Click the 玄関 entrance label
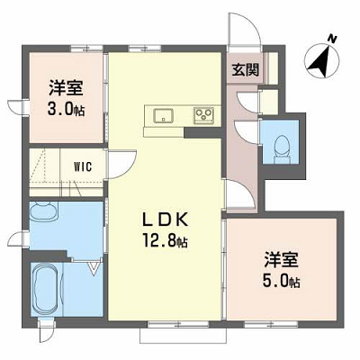pyautogui.click(x=245, y=70)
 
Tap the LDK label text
pyautogui.click(x=165, y=220)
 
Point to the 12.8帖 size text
pyautogui.click(x=165, y=240)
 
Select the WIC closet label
pyautogui.click(x=83, y=166)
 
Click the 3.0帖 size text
pyautogui.click(x=66, y=109)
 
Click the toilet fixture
pyautogui.click(x=283, y=149)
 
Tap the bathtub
pyautogui.click(x=46, y=289)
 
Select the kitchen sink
pyautogui.click(x=164, y=115)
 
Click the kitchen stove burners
pyautogui.click(x=203, y=115)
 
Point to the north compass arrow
pyautogui.click(x=321, y=60)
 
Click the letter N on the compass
pyautogui.click(x=332, y=39)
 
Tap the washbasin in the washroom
pyautogui.click(x=43, y=211)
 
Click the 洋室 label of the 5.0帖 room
pyautogui.click(x=282, y=261)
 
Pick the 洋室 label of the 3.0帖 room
pyautogui.click(x=66, y=88)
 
